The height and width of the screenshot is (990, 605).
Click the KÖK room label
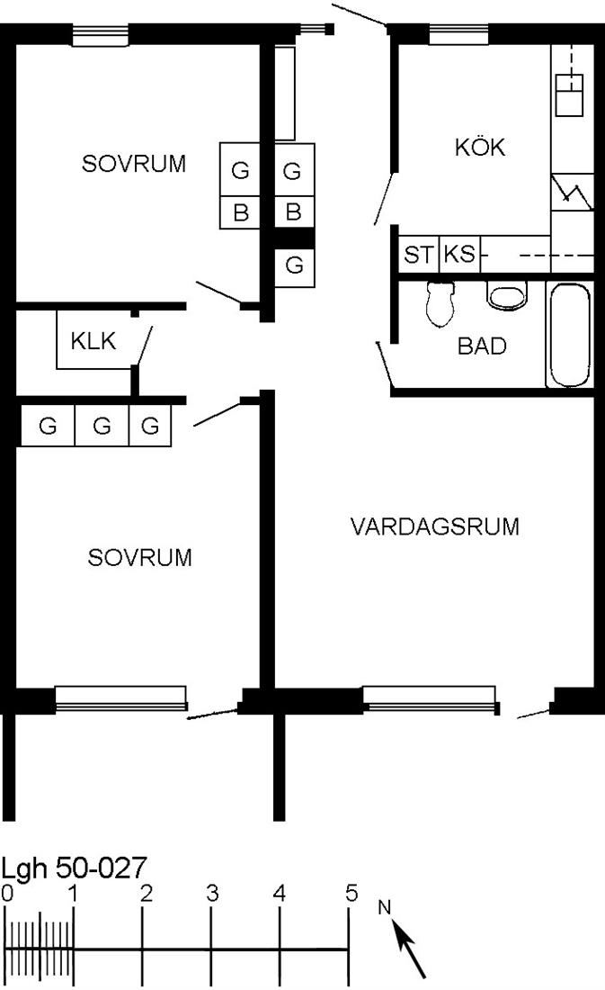point(480,147)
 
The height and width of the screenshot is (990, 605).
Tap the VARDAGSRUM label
point(435,526)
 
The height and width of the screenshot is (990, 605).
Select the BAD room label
point(482,346)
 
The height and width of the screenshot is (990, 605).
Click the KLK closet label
point(93,341)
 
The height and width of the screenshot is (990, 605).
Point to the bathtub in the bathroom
point(570,335)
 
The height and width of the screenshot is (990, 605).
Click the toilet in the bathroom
point(440,303)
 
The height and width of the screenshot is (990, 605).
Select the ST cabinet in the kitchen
point(419,255)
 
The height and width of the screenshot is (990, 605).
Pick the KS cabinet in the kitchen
point(459,254)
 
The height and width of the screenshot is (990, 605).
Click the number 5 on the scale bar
point(351,894)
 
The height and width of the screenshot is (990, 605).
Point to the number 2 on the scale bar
point(147,894)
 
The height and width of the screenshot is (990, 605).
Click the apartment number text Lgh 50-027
point(74,868)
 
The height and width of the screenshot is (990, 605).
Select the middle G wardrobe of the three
point(102,426)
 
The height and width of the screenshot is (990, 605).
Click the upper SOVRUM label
point(134,164)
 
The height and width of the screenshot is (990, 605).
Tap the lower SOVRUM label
point(139,557)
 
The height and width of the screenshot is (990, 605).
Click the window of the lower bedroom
point(121,697)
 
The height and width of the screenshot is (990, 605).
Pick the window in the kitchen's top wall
point(458,34)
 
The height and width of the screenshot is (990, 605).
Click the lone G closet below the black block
point(294,266)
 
